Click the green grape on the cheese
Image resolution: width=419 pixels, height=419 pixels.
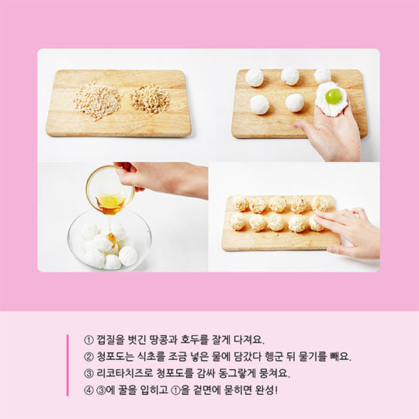(334, 96)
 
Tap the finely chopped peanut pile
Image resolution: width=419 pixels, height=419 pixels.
(98, 100)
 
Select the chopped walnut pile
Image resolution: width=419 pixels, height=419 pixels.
(150, 99)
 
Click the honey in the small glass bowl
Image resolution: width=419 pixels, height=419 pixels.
(111, 203)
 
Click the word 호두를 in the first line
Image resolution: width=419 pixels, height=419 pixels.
(194, 339)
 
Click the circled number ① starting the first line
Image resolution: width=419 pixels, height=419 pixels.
(88, 340)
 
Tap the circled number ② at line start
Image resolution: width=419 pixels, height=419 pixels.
(88, 357)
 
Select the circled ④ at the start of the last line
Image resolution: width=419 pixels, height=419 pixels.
(88, 390)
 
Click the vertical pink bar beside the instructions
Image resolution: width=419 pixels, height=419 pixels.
(68, 365)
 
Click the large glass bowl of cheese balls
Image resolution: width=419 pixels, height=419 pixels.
(109, 240)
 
